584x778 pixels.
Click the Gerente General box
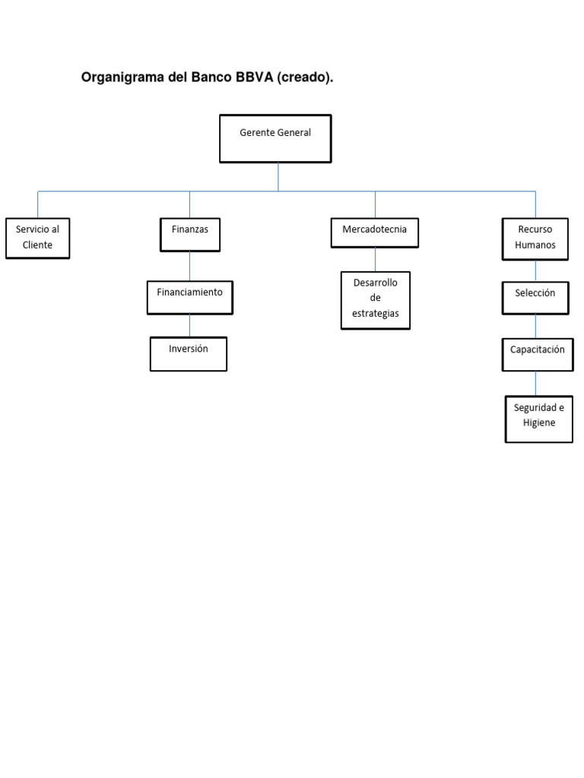click(275, 138)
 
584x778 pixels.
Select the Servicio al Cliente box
click(37, 237)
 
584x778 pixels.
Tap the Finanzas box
click(190, 234)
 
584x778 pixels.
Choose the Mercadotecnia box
click(375, 232)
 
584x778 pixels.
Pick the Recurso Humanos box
click(535, 238)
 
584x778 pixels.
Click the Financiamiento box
click(190, 297)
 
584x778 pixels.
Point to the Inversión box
click(189, 354)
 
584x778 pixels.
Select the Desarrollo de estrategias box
click(376, 300)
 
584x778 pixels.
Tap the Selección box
click(535, 298)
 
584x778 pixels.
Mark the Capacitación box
click(538, 355)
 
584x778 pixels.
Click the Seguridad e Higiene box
click(539, 419)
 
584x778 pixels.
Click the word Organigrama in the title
click(123, 78)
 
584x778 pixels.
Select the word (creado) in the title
click(305, 78)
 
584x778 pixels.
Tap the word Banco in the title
click(211, 78)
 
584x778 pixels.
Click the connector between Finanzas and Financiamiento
click(190, 266)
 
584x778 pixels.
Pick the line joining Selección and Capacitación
click(535, 326)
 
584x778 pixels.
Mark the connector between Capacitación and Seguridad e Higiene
click(535, 383)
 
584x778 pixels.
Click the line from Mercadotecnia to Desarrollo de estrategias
click(375, 259)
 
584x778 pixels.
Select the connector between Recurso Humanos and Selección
click(535, 270)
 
